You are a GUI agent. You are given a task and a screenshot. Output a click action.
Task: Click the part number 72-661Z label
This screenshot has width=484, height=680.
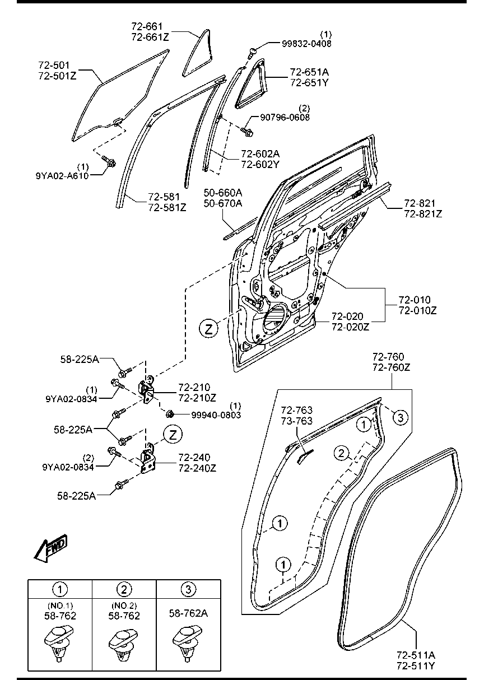coord(150,37)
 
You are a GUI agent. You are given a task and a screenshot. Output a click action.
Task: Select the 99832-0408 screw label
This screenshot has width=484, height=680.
coord(306,44)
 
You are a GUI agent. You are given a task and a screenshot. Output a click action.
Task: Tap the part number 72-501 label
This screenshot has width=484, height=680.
coord(54,66)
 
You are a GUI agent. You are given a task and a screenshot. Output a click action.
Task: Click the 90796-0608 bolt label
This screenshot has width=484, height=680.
coord(285,118)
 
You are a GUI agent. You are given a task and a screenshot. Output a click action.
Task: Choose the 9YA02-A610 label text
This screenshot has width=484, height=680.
coord(62,176)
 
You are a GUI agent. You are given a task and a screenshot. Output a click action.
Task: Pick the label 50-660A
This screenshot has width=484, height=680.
coord(223,193)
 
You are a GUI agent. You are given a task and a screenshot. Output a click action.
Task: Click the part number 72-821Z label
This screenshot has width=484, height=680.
coord(423,214)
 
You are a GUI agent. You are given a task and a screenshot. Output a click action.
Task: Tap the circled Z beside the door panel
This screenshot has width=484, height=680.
coord(208,329)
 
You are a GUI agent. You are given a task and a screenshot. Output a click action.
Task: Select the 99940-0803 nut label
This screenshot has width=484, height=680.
coord(216,415)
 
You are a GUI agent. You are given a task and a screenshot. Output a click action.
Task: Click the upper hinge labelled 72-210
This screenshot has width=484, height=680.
coord(147,391)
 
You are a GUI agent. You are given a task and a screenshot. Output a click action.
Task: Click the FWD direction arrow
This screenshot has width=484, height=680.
coord(51,548)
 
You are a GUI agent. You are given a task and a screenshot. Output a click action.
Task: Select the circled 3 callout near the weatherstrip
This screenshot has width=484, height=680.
coord(401,418)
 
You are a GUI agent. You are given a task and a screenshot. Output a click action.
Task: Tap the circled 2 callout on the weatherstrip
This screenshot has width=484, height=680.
coord(342,454)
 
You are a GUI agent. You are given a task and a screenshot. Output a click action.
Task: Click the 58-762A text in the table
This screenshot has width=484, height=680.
coord(189,613)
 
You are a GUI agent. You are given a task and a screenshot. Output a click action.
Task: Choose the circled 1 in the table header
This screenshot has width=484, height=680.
coord(60,589)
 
